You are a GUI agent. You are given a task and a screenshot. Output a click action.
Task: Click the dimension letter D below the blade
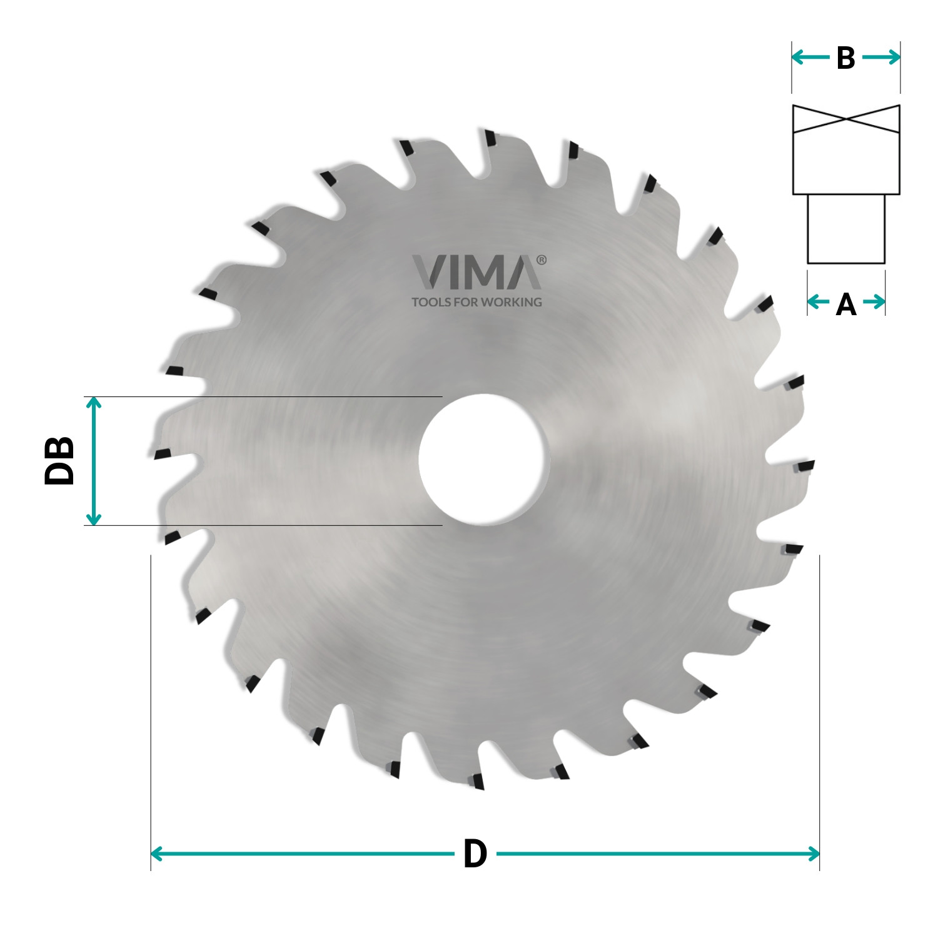pos(475,854)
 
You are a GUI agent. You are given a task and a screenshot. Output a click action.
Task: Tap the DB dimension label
pos(60,461)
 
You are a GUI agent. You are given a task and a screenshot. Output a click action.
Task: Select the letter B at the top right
pos(845,58)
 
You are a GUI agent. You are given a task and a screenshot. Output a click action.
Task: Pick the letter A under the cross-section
pos(845,304)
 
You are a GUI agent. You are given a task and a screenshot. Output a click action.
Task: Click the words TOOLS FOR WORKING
pos(477,302)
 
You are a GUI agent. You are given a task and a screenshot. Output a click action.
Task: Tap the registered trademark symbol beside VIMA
pos(542,260)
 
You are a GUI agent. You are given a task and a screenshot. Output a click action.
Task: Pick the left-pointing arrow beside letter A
pos(817,302)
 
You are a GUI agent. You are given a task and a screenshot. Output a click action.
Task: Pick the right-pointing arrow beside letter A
pos(875,302)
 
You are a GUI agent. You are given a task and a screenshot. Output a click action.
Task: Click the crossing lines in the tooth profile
pos(846,119)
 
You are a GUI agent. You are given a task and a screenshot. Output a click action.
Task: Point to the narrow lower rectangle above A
pos(846,229)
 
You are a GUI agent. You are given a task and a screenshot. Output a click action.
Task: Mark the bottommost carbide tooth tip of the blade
pos(478,781)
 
